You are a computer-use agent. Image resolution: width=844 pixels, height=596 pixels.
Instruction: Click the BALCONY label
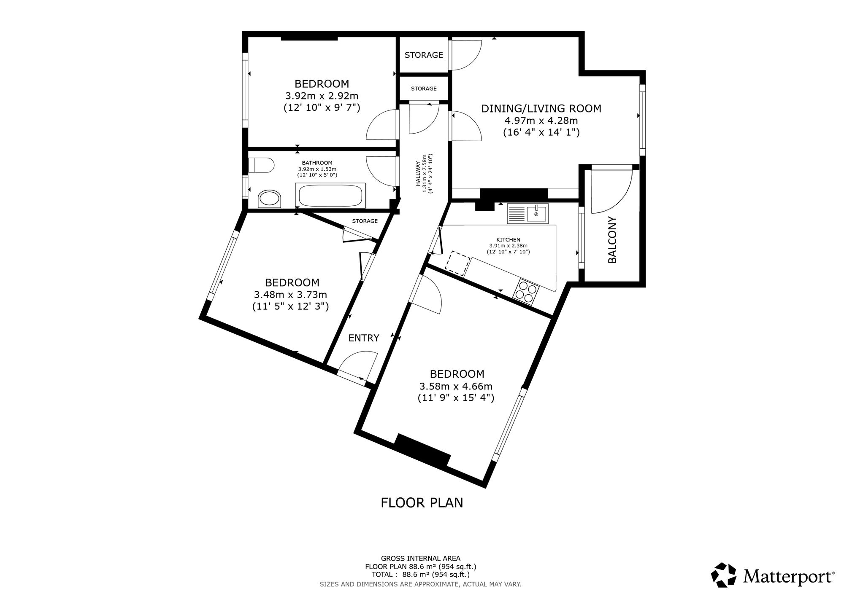612,239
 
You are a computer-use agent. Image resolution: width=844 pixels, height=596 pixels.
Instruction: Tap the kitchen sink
527,214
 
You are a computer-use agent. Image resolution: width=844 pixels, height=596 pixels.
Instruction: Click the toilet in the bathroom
261,165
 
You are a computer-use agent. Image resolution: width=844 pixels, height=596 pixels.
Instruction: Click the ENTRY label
364,338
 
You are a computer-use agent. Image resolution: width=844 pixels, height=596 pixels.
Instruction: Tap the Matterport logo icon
724,575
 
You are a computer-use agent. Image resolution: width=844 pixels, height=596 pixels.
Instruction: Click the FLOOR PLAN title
422,503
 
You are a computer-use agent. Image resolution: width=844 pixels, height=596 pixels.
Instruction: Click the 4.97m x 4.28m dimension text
541,121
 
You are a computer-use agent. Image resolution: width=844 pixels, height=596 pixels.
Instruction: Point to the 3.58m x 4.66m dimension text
456,386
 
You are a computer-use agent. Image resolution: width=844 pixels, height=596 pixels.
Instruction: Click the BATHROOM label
317,163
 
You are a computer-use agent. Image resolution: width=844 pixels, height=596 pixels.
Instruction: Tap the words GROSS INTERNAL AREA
421,559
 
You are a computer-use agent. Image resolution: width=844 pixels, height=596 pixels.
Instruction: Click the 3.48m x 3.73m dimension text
290,295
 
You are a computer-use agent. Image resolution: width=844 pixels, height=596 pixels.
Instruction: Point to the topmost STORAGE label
424,55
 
